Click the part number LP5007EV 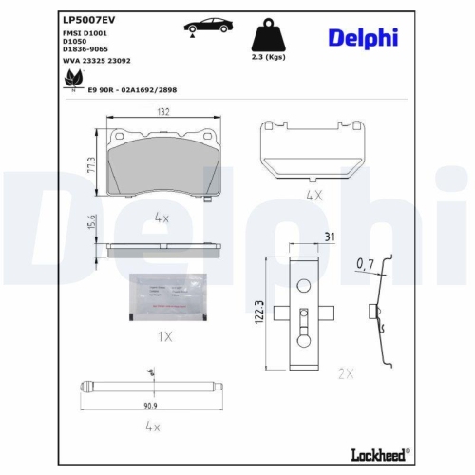[89, 18]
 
